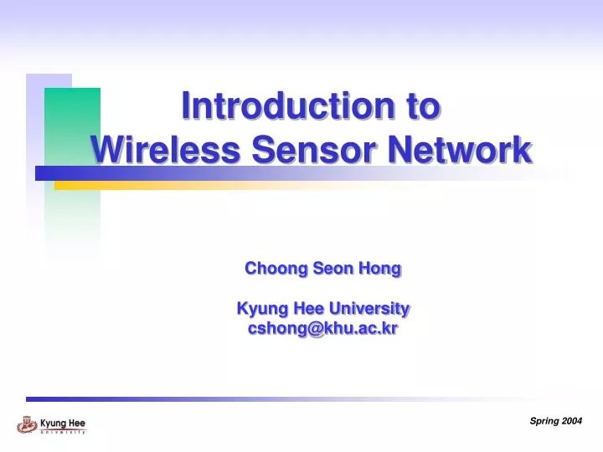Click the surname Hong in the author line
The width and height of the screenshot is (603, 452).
381,269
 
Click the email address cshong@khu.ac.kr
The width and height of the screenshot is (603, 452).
323,329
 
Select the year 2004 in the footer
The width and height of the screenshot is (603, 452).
572,421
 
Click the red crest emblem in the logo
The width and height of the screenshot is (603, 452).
26,424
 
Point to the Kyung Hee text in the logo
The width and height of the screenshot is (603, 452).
63,423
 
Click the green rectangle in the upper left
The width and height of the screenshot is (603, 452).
72,126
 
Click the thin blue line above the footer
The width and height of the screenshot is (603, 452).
251,399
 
